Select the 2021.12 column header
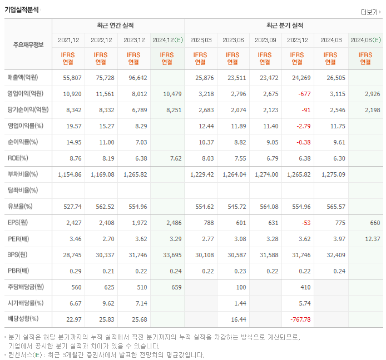click(68, 40)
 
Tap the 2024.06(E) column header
click(365, 40)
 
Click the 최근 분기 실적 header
click(285, 26)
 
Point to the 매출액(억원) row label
click(24, 78)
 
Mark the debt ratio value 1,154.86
click(70, 174)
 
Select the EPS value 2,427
click(73, 223)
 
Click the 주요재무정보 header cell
click(28, 45)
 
